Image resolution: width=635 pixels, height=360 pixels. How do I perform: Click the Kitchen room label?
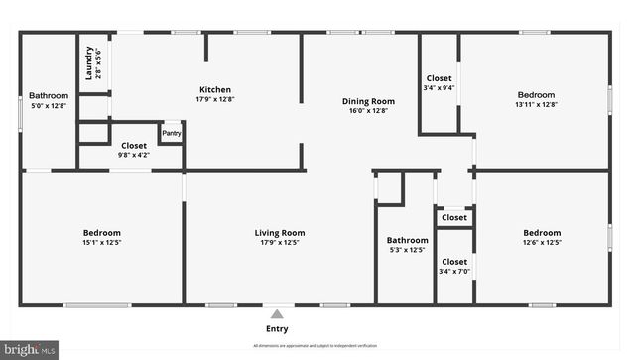[x=215, y=89]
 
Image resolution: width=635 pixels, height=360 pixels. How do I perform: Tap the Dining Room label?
[x=369, y=101]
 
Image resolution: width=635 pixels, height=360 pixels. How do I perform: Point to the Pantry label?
[x=171, y=133]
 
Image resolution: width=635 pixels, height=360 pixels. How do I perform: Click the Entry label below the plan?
[x=278, y=329]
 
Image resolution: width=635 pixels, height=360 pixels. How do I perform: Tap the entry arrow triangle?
[x=278, y=312]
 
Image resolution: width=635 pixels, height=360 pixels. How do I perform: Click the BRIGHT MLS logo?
[x=30, y=350]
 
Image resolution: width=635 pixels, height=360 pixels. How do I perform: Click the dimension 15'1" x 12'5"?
[x=101, y=243]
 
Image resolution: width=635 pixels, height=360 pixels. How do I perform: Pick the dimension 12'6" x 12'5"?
[x=542, y=243]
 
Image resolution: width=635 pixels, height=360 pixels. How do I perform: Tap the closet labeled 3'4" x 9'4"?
[x=440, y=87]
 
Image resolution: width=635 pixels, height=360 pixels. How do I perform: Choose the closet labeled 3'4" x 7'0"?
[x=454, y=271]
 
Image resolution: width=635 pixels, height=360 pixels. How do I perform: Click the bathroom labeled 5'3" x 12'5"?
[x=407, y=250]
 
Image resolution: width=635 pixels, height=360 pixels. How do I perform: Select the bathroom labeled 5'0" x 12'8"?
[x=48, y=105]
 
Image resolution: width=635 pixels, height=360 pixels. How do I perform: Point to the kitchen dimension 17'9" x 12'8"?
[x=215, y=98]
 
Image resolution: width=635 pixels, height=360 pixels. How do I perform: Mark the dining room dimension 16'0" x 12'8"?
[x=369, y=110]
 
